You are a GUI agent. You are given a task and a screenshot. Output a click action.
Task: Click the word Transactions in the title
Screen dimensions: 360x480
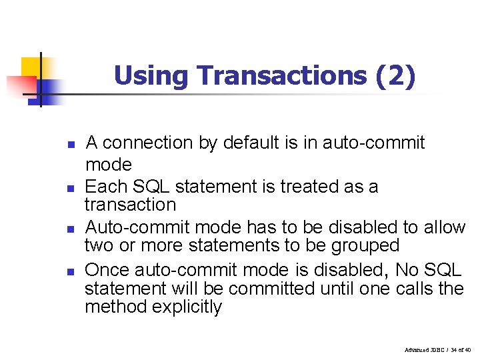pos(283,75)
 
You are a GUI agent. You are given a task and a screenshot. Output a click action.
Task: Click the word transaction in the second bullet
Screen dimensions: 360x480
pos(130,205)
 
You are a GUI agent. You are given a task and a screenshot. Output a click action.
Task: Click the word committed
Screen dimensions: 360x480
pos(271,289)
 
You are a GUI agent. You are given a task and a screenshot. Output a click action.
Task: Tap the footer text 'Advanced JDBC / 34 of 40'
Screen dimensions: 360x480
pos(437,350)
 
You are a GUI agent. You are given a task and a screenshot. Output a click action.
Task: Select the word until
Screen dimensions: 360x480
pos(337,289)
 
